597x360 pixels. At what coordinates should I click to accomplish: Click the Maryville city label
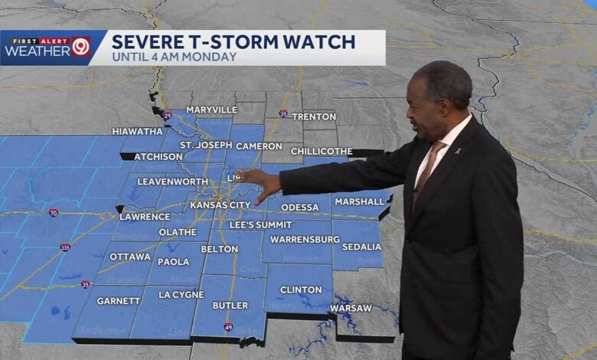click(211, 110)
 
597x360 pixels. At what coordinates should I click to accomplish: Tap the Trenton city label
click(314, 116)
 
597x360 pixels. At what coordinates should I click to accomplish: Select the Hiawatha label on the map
click(137, 131)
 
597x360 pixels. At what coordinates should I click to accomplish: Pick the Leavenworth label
click(172, 182)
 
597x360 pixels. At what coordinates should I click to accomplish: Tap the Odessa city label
click(300, 207)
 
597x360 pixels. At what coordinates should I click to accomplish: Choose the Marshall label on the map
click(359, 201)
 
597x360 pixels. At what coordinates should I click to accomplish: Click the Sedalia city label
click(362, 247)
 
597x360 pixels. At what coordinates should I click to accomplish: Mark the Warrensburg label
click(305, 239)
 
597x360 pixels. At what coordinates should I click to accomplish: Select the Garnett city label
click(119, 301)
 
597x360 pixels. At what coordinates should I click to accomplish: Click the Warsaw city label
click(351, 308)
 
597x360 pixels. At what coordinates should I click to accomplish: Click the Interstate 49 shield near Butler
click(228, 327)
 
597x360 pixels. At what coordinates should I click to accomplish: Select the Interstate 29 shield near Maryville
click(167, 116)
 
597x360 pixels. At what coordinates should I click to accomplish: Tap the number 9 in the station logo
click(80, 47)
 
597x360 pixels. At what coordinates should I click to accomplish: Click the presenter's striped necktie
click(423, 172)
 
